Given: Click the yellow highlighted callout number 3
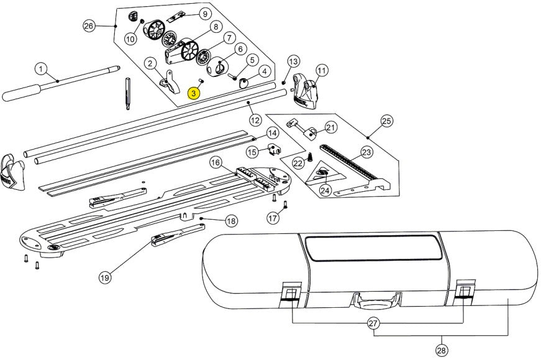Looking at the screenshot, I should coord(194,93).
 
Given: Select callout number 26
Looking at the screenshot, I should coord(89,25).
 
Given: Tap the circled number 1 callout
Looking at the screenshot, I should coord(41,68).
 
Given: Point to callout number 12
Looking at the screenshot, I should coord(255,119).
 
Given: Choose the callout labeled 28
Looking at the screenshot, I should coord(441,351).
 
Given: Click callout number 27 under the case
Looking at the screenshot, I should coord(374,323).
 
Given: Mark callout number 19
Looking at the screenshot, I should coord(105,278).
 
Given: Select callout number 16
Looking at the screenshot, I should coord(216,163).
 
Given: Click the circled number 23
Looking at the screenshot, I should coord(366,151).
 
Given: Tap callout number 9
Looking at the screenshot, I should coord(204,14).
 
